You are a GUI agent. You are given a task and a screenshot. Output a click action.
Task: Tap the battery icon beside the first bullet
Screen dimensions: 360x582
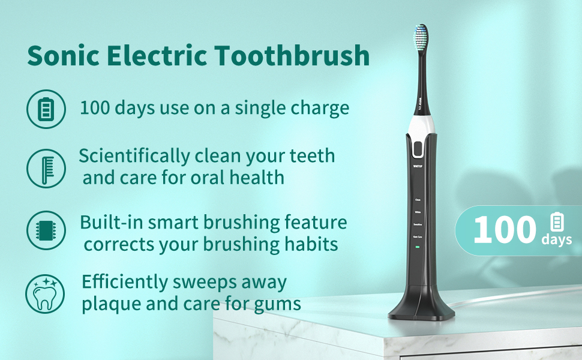pos(45,109)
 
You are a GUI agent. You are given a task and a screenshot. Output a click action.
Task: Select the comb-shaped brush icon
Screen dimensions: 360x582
pos(45,169)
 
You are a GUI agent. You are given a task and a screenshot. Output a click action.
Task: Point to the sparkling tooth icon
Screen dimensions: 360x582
pos(45,293)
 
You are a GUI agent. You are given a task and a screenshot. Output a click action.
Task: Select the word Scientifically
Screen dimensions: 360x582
pos(134,157)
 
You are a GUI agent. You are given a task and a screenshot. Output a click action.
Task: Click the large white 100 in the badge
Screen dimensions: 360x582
pos(504,231)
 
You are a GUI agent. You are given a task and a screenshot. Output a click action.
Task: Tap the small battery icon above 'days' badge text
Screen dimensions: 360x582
pos(557,223)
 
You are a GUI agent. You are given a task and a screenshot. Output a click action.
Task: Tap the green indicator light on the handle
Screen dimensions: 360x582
pos(418,247)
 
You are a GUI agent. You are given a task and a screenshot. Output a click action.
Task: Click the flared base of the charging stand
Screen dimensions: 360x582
pos(418,309)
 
